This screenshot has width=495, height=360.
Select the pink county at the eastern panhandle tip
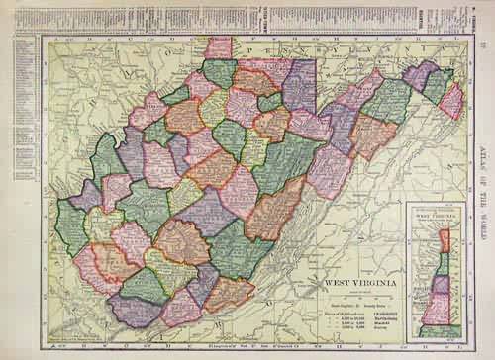[x=451, y=99]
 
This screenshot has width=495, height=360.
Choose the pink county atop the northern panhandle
[x=218, y=46]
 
